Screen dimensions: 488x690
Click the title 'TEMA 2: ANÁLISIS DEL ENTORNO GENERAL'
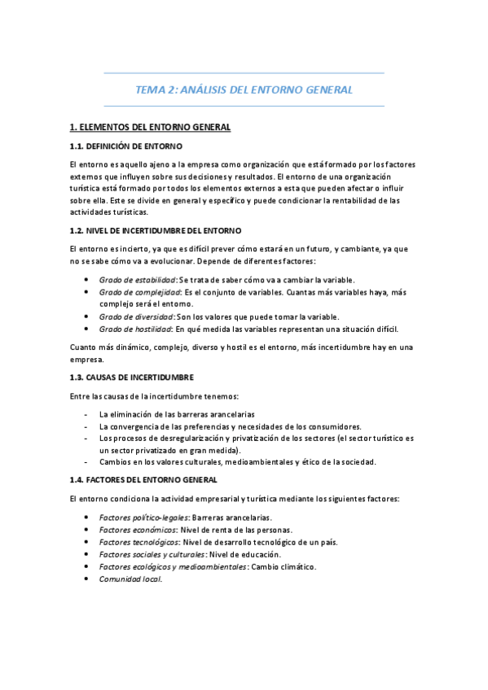pos(244,90)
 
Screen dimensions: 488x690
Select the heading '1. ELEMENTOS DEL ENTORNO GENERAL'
pos(151,128)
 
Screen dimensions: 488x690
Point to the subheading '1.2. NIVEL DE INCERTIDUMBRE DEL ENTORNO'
pos(156,230)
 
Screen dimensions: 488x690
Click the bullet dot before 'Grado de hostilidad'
pos(86,329)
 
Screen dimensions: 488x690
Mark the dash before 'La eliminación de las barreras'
pos(86,414)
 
